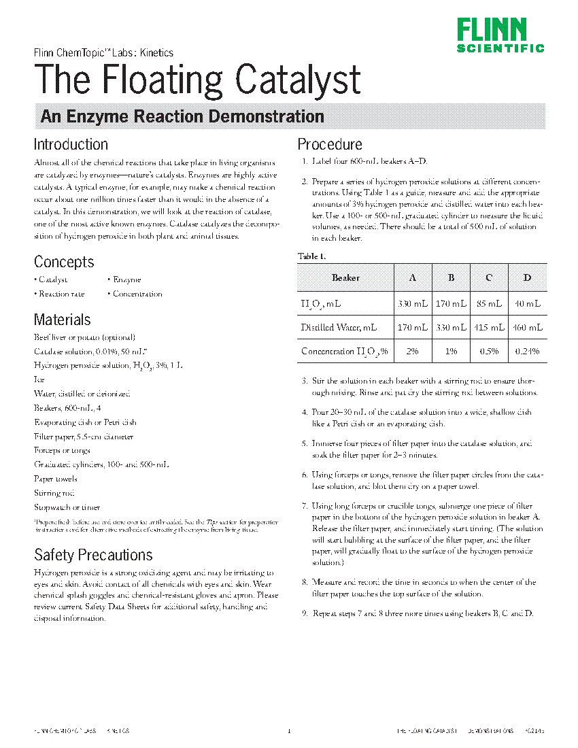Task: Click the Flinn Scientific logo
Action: pyautogui.click(x=500, y=36)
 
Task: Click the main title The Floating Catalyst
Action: pyautogui.click(x=197, y=80)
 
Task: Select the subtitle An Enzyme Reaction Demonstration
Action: pyautogui.click(x=182, y=116)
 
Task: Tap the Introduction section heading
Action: pyautogui.click(x=71, y=144)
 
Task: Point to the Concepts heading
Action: pyautogui.click(x=64, y=262)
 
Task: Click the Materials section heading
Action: pyautogui.click(x=62, y=320)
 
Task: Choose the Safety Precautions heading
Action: pyautogui.click(x=93, y=555)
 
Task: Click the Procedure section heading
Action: pyautogui.click(x=330, y=144)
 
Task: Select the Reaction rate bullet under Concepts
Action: pyautogui.click(x=61, y=294)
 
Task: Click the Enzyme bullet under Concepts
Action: pyautogui.click(x=126, y=279)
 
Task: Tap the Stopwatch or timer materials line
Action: pyautogui.click(x=67, y=507)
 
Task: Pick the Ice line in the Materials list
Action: pyautogui.click(x=39, y=380)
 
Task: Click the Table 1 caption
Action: pyautogui.click(x=312, y=256)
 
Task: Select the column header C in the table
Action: pyautogui.click(x=488, y=277)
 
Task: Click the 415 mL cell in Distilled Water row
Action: pyautogui.click(x=488, y=327)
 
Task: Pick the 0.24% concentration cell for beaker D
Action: pyautogui.click(x=527, y=352)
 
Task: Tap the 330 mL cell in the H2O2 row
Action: pyautogui.click(x=412, y=303)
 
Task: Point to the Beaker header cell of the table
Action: pyautogui.click(x=345, y=277)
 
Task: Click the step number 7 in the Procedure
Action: pyautogui.click(x=305, y=507)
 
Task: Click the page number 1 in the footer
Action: pyautogui.click(x=289, y=732)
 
